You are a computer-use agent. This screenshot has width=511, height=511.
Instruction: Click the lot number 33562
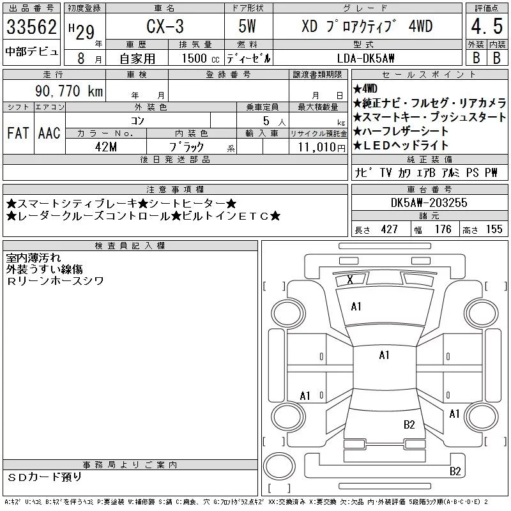click(x=31, y=27)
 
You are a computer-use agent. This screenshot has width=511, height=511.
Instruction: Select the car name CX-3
click(x=165, y=26)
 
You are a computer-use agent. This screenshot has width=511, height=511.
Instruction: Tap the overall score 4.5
click(x=487, y=26)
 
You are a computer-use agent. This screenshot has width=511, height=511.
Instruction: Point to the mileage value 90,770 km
click(x=69, y=91)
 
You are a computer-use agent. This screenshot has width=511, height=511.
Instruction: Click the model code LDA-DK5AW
click(x=365, y=58)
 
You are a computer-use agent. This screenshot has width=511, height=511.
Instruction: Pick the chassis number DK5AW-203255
click(x=429, y=202)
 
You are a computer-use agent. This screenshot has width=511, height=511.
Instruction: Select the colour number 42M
click(x=106, y=147)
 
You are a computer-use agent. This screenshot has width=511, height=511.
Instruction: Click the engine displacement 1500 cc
click(x=201, y=58)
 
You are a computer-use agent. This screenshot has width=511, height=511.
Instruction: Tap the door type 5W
click(x=247, y=26)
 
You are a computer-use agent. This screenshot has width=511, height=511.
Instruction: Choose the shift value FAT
click(x=18, y=133)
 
